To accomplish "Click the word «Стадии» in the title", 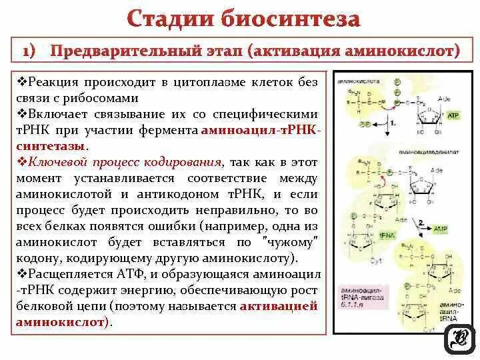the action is pyautogui.click(x=169, y=18).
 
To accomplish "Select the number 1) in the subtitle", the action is pyautogui.click(x=33, y=51).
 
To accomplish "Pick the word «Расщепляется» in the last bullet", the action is pyautogui.click(x=66, y=274).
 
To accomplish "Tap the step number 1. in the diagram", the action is pyautogui.click(x=393, y=123).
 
